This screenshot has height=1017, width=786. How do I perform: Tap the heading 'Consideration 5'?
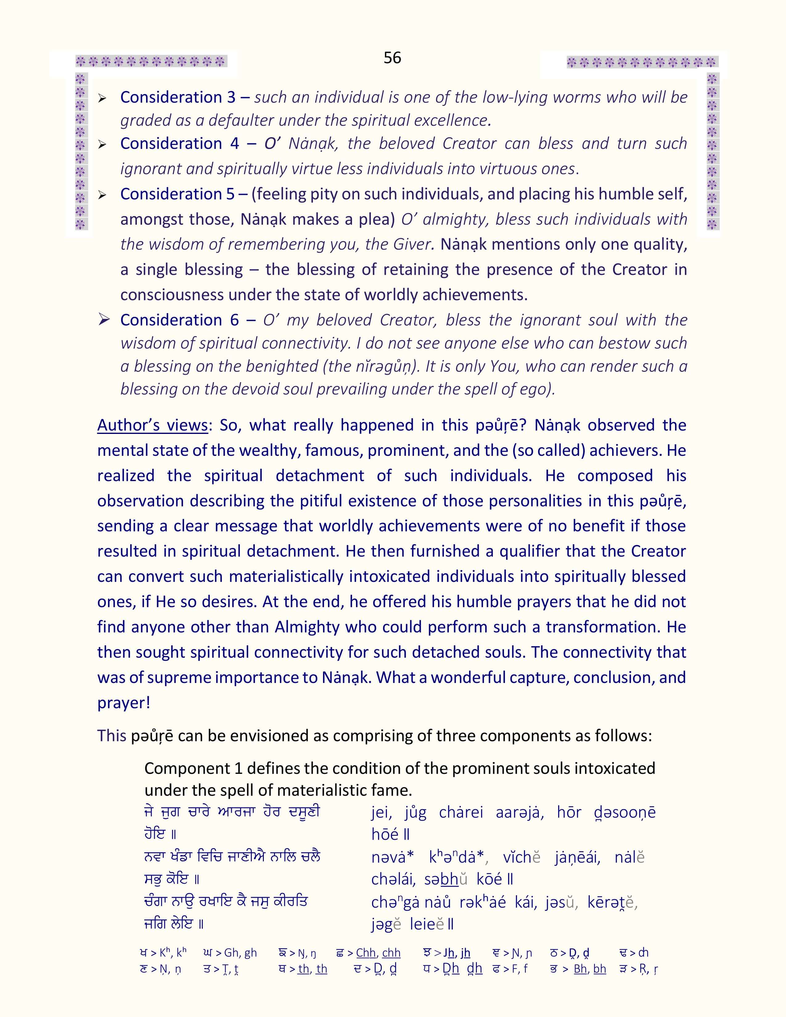[x=178, y=194]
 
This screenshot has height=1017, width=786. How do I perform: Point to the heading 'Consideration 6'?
[x=179, y=320]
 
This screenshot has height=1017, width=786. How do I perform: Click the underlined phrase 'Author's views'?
[x=152, y=425]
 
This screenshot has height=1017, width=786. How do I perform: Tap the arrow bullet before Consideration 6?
[x=103, y=320]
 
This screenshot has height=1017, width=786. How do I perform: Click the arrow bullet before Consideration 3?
[x=102, y=98]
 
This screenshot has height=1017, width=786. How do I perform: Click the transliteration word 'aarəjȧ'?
[x=519, y=812]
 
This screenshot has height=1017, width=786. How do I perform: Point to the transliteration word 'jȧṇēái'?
[x=577, y=857]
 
